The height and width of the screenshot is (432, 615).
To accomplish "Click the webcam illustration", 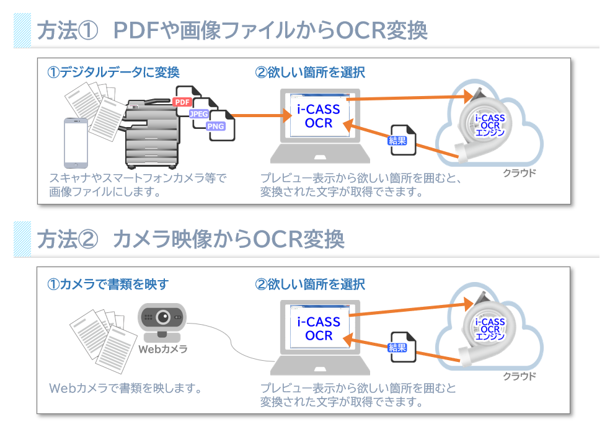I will (x=162, y=322).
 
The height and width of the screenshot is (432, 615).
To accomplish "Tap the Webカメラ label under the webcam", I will (x=162, y=349).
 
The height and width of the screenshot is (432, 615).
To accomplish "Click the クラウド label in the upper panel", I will (x=519, y=173).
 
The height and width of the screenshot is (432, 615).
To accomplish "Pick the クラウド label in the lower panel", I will (x=519, y=376).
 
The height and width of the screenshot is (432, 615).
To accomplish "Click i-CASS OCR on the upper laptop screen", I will (x=318, y=116).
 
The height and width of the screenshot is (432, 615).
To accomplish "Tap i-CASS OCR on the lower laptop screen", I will (x=318, y=328).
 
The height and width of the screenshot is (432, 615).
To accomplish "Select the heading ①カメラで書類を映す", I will (x=108, y=284).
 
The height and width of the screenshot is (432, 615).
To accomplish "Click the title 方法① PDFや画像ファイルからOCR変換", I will (x=232, y=30).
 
